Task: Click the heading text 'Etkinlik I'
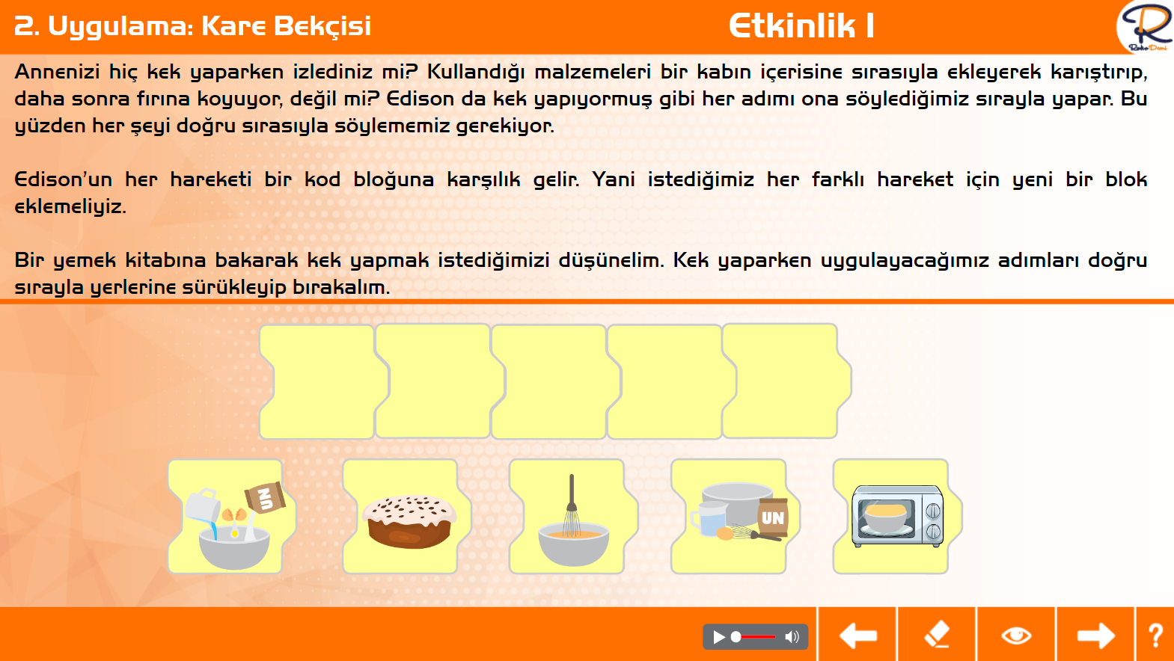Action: click(801, 25)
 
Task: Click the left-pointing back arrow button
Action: click(857, 636)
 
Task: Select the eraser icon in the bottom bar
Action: click(937, 635)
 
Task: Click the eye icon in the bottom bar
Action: click(1016, 636)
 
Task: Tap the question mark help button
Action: click(1155, 636)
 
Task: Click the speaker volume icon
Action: click(792, 637)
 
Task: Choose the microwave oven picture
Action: click(897, 516)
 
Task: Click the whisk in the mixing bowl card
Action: click(572, 507)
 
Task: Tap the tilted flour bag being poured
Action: click(265, 497)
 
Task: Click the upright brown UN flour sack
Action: click(772, 517)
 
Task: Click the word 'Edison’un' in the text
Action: click(63, 179)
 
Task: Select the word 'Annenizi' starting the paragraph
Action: click(57, 72)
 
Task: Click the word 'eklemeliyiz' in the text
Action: click(70, 206)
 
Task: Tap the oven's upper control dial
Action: click(933, 510)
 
